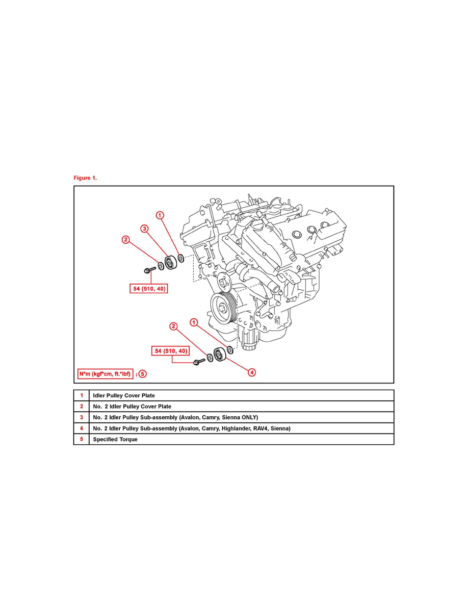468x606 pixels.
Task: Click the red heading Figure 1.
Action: click(x=85, y=178)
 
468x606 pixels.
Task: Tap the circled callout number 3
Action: click(x=145, y=229)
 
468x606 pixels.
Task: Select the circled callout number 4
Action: click(x=252, y=373)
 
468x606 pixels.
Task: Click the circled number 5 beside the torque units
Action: click(x=143, y=374)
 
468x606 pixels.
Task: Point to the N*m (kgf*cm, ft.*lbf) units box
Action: click(x=105, y=374)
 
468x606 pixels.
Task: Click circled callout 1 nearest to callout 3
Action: click(x=160, y=215)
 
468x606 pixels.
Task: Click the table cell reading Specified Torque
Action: click(x=115, y=439)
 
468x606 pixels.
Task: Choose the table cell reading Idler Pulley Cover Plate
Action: click(x=124, y=395)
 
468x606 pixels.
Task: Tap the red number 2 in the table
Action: click(x=82, y=407)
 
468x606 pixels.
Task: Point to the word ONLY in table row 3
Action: click(x=249, y=417)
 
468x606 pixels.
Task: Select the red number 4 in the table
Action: click(x=82, y=428)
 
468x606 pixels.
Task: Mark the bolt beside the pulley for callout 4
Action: click(x=198, y=361)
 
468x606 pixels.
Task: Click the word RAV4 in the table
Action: click(x=258, y=428)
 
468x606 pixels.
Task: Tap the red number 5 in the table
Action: click(x=82, y=439)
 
